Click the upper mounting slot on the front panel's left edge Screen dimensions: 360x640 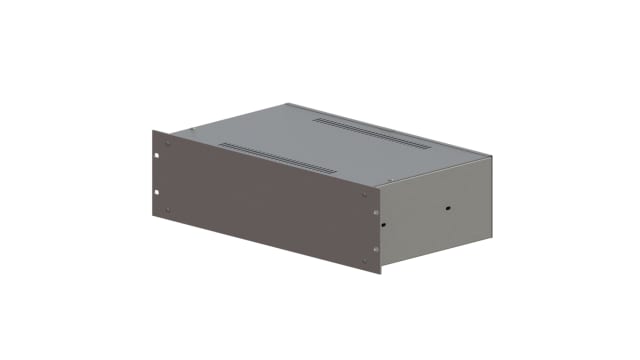point(158,156)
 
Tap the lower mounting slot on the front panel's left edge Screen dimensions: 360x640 point(158,190)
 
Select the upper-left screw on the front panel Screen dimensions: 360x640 point(168,143)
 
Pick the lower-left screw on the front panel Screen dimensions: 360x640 point(168,209)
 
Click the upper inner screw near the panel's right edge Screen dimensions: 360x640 point(365,195)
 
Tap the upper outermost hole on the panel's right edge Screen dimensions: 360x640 point(376,212)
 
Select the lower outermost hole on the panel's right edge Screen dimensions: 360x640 point(376,248)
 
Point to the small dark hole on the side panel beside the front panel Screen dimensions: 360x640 point(384,226)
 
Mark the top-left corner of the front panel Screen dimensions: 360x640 point(152,130)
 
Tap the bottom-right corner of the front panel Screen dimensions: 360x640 point(381,274)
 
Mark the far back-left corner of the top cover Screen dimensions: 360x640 point(287,103)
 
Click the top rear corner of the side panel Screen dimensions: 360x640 point(492,156)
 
